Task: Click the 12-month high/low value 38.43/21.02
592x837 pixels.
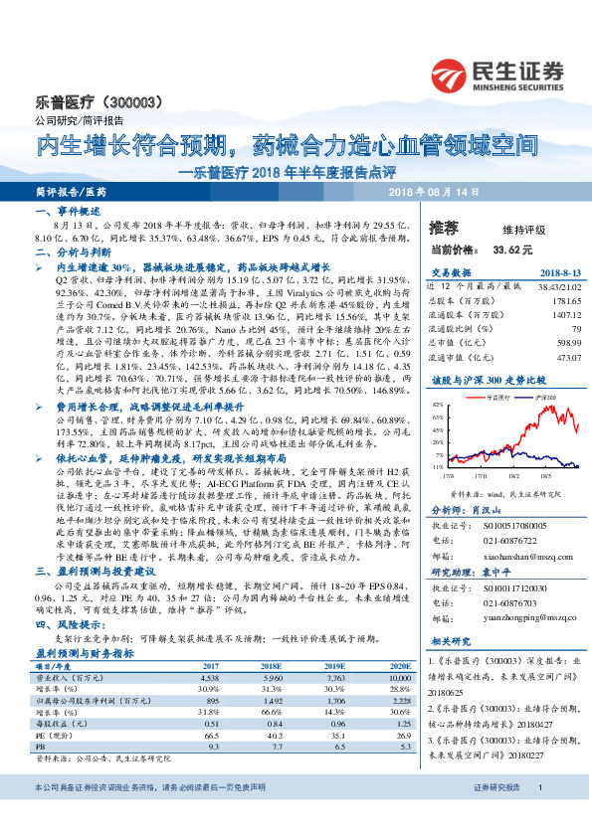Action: [531, 285]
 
